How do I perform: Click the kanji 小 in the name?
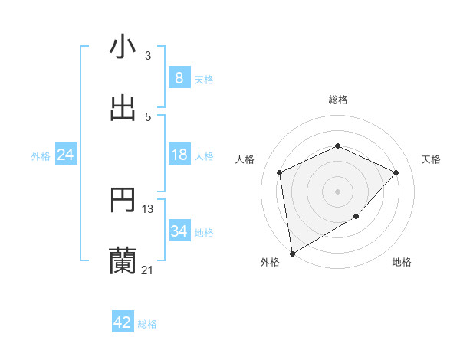(123, 47)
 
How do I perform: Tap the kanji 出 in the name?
(123, 108)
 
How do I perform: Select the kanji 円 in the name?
(123, 201)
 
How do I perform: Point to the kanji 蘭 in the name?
(123, 261)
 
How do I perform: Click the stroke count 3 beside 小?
(148, 56)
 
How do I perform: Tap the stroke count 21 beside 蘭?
(148, 270)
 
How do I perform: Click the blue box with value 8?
(179, 77)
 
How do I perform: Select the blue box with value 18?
(179, 155)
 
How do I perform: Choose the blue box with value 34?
(179, 231)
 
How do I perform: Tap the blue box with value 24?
(66, 155)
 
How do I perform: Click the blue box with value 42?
(123, 322)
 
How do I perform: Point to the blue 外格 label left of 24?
(41, 155)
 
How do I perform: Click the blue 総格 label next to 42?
(147, 323)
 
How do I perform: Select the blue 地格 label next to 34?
(204, 232)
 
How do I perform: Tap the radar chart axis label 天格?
(432, 159)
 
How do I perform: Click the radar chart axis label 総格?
(338, 100)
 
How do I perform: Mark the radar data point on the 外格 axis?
(291, 253)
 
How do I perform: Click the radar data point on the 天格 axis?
(396, 172)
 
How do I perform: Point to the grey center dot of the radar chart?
(337, 191)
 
